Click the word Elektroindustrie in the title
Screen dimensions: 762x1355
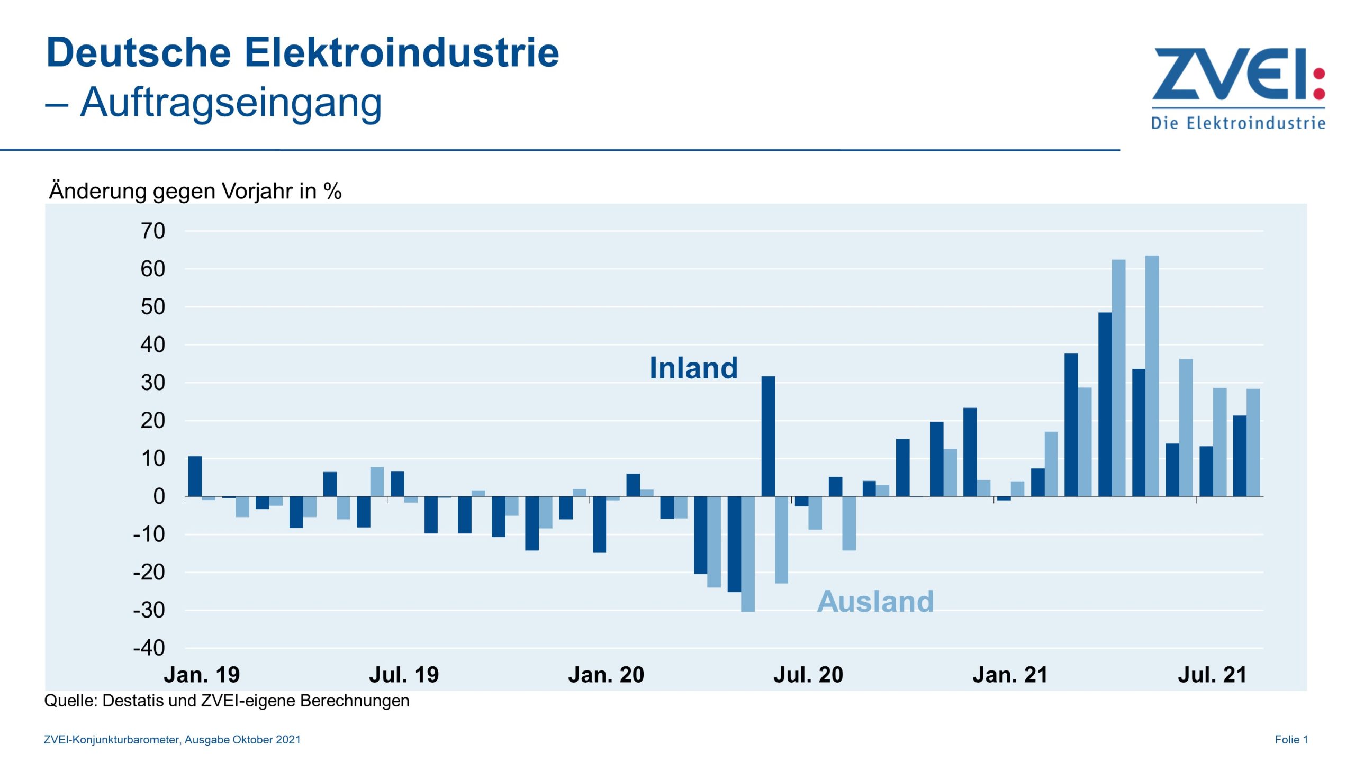point(401,53)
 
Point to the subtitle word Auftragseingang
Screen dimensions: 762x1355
point(231,102)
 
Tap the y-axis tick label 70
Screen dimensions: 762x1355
point(153,231)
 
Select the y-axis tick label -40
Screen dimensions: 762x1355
point(149,648)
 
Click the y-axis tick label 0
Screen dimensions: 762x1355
point(159,496)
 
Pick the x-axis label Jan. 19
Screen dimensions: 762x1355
point(202,675)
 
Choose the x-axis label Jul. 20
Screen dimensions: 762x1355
point(808,675)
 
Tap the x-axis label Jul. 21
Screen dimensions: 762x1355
point(1212,675)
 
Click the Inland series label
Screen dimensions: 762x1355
point(693,368)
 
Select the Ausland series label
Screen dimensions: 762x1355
point(875,602)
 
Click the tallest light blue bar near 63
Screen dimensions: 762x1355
point(1152,376)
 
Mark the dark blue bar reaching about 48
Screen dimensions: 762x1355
point(1105,404)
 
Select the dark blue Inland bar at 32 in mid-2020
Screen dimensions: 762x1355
point(768,436)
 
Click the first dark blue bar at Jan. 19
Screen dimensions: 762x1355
point(195,476)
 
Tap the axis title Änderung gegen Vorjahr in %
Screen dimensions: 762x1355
point(195,191)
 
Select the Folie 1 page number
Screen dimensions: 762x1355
point(1291,740)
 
